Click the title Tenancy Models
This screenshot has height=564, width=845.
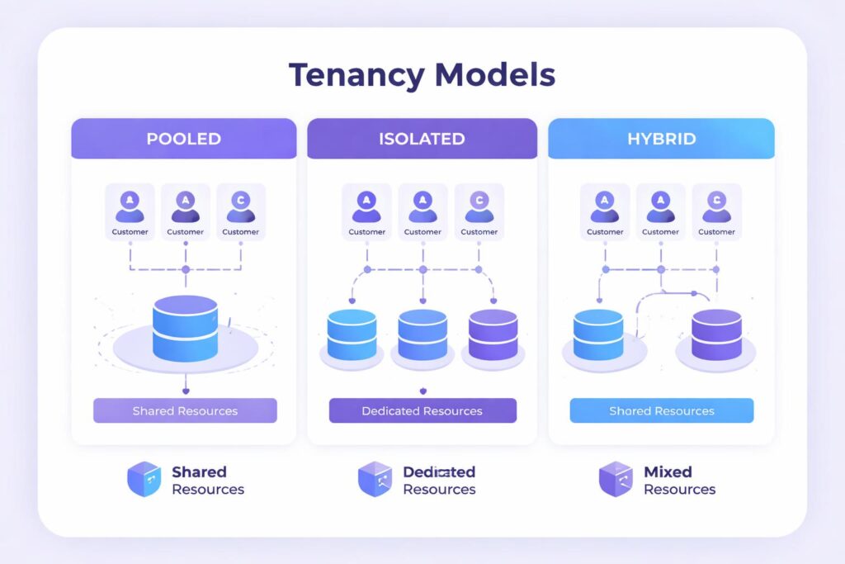[x=422, y=75]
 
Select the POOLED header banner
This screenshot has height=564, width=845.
[x=183, y=139]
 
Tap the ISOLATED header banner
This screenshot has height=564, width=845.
[x=422, y=139]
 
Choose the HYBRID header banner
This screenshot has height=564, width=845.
[x=661, y=139]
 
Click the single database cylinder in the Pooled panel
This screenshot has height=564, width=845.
[x=186, y=328]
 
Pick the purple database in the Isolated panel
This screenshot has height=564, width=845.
[x=493, y=335]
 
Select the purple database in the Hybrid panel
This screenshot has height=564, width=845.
[x=716, y=334]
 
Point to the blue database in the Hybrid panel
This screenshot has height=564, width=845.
[x=598, y=334]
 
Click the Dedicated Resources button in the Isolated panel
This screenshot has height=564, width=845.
[x=422, y=410]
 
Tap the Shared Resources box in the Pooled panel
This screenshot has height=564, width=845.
[x=185, y=410]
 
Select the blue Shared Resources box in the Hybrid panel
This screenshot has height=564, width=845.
[x=661, y=410]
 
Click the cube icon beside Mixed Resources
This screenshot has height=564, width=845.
[x=616, y=480]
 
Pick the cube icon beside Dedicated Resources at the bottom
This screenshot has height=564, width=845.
[x=375, y=480]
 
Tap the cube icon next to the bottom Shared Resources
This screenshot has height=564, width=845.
[x=144, y=480]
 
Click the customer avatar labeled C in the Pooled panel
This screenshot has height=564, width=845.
[x=241, y=206]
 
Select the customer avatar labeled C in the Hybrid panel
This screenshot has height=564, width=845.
[x=716, y=206]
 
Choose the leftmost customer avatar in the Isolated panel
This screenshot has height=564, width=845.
[x=366, y=206]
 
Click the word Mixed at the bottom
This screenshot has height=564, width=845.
[x=668, y=472]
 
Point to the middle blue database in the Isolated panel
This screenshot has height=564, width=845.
[x=422, y=335]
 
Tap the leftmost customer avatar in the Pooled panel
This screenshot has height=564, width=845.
[x=130, y=206]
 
